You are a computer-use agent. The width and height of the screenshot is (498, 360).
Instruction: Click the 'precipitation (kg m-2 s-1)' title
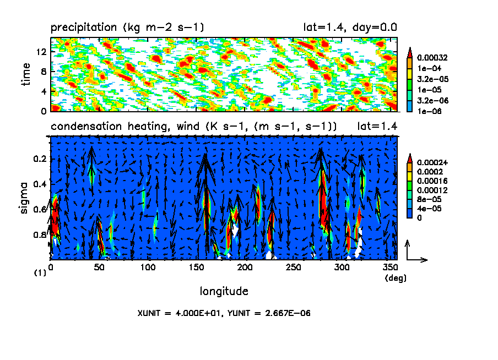click(128, 27)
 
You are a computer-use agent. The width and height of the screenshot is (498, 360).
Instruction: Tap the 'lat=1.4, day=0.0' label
click(350, 27)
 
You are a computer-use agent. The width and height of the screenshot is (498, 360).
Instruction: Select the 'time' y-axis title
click(26, 74)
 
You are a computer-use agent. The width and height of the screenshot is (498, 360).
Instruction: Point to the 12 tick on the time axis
click(41, 52)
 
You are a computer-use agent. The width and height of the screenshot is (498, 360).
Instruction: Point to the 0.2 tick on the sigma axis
click(40, 159)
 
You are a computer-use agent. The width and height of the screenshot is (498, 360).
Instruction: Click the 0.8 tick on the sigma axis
click(40, 235)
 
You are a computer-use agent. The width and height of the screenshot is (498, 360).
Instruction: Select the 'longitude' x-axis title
click(224, 291)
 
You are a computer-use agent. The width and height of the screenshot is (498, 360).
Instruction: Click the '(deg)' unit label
click(395, 279)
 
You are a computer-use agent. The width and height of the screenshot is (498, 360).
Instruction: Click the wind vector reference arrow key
click(414, 253)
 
